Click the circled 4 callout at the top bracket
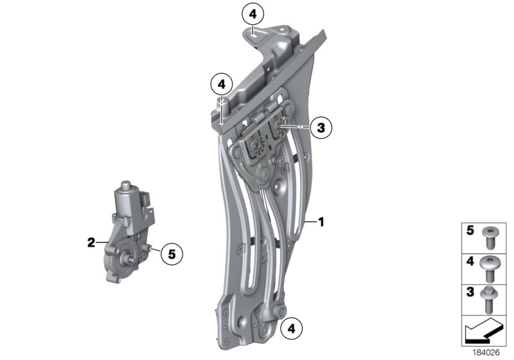253,14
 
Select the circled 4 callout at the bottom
290,328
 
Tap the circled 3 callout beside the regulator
321,127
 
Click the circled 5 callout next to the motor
171,253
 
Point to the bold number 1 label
321,222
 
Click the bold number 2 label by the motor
91,242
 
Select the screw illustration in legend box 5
492,237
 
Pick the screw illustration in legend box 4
492,267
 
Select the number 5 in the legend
470,230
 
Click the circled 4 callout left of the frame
221,84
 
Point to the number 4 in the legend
470,261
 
